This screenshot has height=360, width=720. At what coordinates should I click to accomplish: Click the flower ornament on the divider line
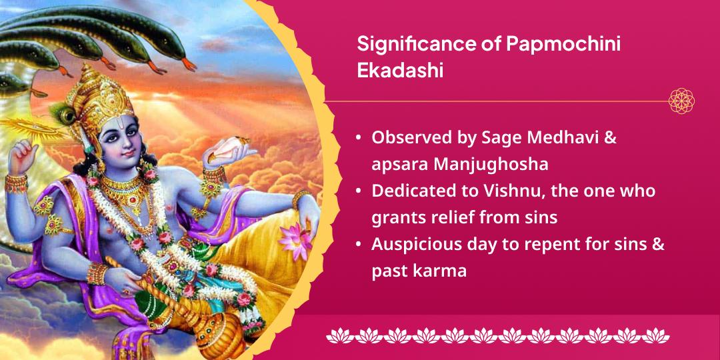[681, 101]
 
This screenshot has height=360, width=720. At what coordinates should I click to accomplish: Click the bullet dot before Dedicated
[359, 191]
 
